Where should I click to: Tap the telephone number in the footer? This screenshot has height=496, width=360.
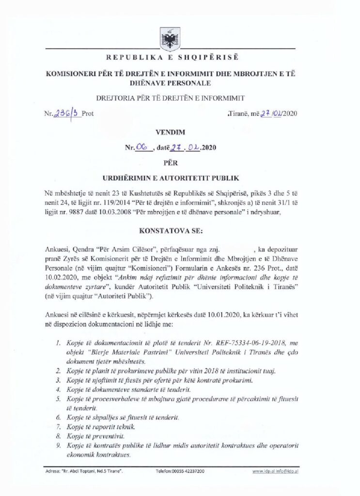[180, 471]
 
